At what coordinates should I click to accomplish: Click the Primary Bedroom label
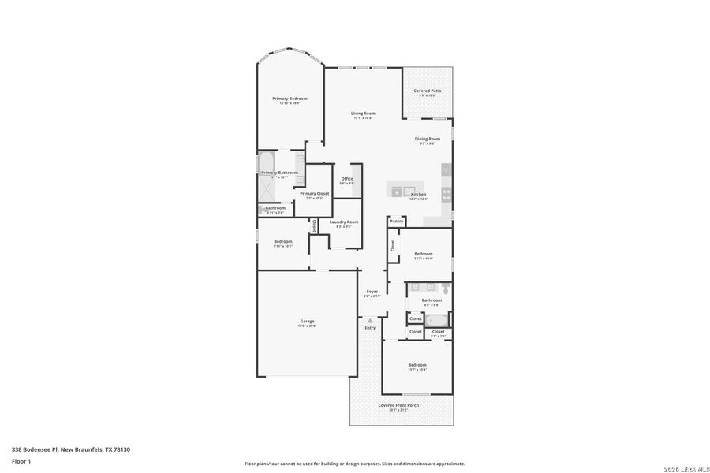point(290,99)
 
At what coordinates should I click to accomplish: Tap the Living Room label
point(363,114)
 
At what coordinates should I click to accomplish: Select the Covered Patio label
point(428,91)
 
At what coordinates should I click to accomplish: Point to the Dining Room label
point(428,139)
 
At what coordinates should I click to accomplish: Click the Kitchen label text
point(418,194)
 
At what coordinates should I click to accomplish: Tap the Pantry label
point(396,222)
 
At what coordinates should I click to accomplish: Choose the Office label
point(347,179)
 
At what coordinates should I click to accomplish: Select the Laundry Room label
point(344,222)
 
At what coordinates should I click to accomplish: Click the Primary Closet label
point(314,193)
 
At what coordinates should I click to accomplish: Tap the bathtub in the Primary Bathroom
point(267,164)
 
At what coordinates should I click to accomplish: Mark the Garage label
point(307,321)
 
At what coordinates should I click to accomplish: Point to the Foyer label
point(372,292)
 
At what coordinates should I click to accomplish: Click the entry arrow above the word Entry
point(370,320)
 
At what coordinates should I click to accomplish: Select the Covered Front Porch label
point(398,405)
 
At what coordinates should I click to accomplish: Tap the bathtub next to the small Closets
point(435,320)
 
